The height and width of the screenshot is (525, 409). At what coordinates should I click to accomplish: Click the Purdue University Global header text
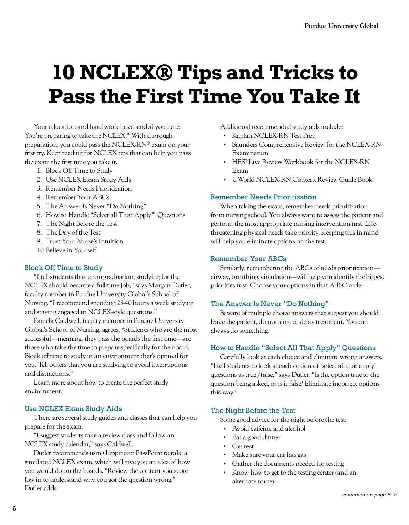click(341, 26)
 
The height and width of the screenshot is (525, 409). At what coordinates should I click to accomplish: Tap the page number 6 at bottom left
click(14, 508)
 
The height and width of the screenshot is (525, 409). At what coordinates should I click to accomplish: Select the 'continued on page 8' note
click(366, 495)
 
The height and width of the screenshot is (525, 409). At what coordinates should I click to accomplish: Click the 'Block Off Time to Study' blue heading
click(63, 268)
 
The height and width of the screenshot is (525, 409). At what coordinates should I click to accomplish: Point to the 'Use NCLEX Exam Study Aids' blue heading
click(73, 409)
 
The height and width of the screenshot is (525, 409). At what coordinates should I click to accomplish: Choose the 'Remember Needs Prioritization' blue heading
click(263, 197)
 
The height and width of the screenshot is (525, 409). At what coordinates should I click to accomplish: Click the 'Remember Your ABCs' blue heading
click(248, 259)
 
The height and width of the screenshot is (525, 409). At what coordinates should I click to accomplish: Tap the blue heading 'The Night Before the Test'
click(253, 410)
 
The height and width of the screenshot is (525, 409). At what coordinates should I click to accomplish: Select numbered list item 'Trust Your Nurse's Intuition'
click(84, 241)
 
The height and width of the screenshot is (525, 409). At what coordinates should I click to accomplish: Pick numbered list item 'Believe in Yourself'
click(71, 250)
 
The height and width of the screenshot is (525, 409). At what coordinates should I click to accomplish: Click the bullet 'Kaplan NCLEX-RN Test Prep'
click(273, 136)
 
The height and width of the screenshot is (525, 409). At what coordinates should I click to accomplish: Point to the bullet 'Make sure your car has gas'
click(269, 455)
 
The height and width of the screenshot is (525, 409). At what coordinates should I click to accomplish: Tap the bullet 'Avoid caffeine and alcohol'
click(269, 429)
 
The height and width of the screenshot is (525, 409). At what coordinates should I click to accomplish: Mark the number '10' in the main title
click(63, 73)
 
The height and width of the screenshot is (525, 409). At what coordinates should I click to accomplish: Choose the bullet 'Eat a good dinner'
click(256, 437)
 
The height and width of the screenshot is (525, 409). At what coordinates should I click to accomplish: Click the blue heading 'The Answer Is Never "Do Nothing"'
click(269, 304)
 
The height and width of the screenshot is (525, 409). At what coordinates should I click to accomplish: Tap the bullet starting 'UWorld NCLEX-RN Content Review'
click(302, 180)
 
